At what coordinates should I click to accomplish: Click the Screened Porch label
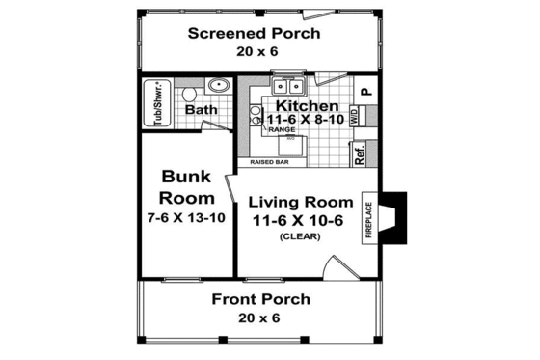click(254, 34)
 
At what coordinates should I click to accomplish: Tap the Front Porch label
click(261, 299)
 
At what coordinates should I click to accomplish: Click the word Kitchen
click(307, 104)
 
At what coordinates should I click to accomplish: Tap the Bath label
click(202, 110)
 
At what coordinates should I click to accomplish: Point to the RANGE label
click(281, 128)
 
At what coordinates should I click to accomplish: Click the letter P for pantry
click(365, 92)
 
